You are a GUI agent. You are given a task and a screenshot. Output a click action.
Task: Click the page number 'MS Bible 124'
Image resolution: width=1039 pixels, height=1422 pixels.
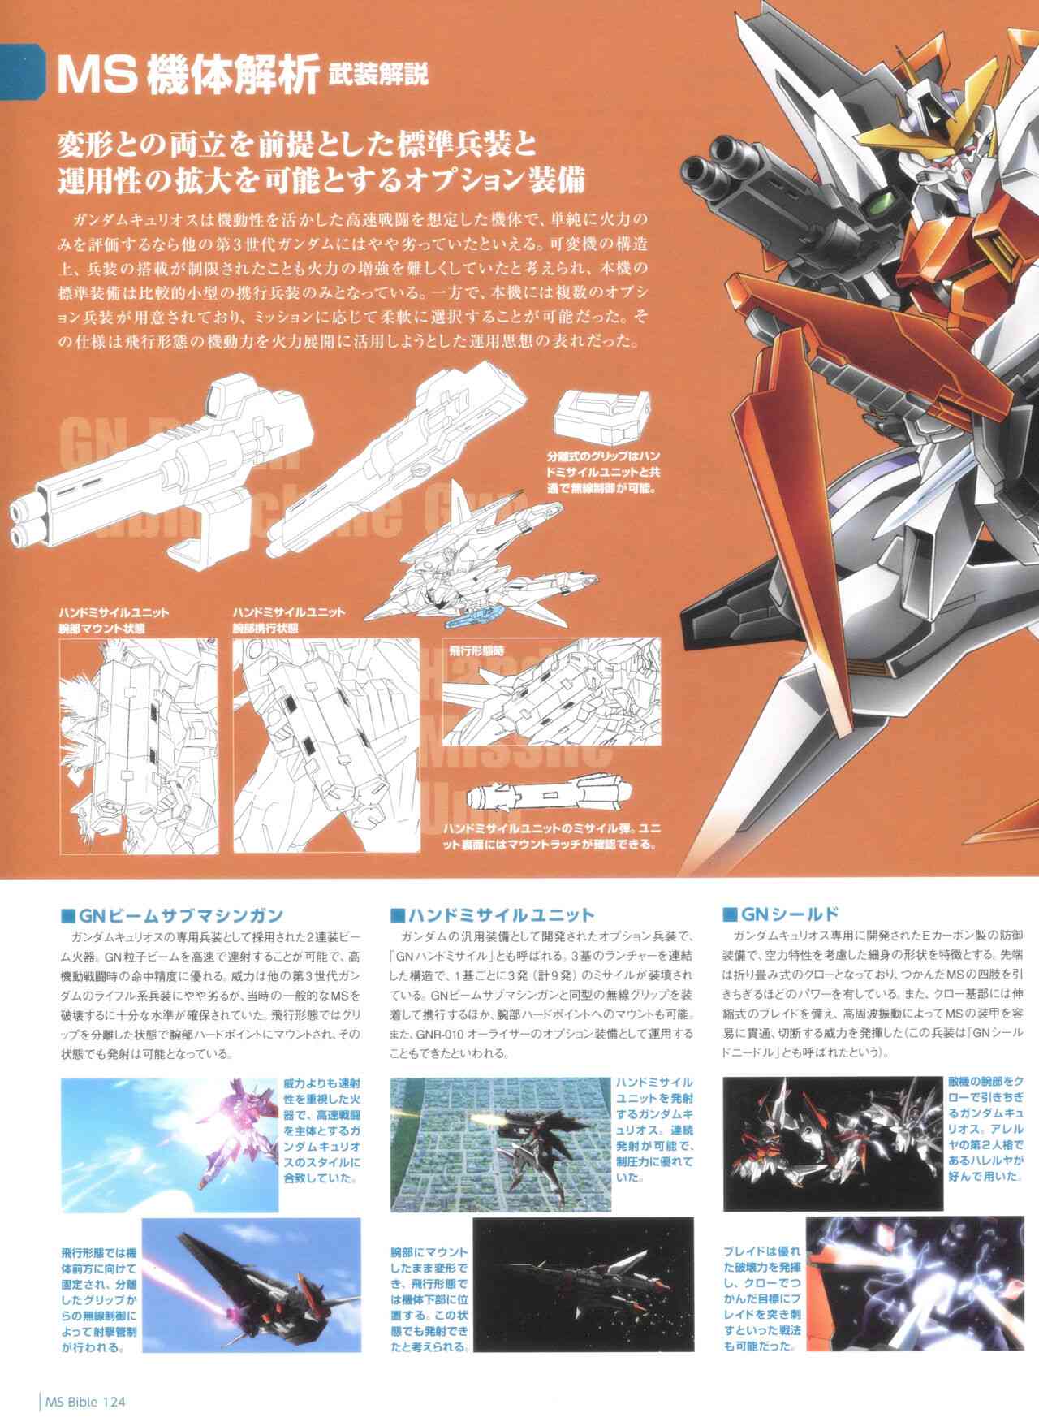(x=84, y=1401)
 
